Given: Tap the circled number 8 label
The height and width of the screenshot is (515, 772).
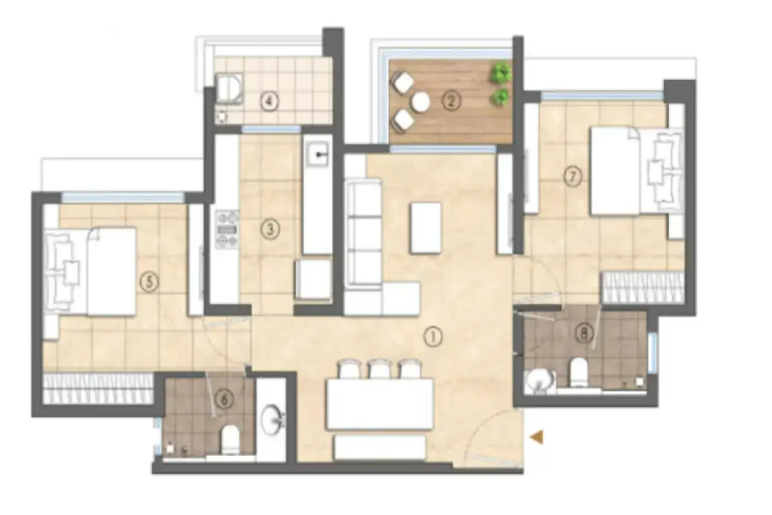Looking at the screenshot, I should [584, 333].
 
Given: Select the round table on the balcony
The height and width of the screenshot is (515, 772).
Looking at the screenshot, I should [421, 101].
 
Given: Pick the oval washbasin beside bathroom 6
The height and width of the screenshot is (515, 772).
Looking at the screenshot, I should [271, 420].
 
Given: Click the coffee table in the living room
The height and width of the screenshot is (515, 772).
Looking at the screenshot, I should [425, 227].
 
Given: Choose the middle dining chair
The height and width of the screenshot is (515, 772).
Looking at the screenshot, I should [379, 369].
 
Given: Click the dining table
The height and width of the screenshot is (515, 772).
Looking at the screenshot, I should [380, 404].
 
